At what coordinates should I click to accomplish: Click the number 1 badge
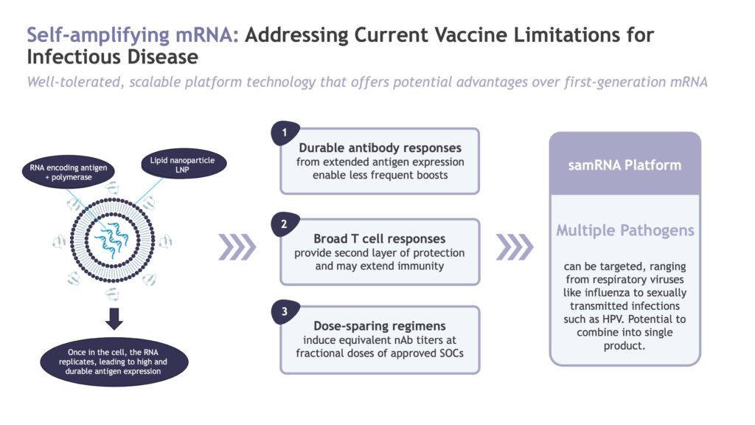pyautogui.click(x=285, y=133)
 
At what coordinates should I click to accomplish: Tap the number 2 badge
pyautogui.click(x=285, y=224)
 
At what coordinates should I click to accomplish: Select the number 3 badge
pyautogui.click(x=285, y=311)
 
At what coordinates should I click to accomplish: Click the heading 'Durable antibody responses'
pyautogui.click(x=380, y=148)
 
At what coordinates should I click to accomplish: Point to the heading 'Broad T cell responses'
pyautogui.click(x=380, y=238)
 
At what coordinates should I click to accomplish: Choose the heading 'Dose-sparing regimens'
pyautogui.click(x=380, y=325)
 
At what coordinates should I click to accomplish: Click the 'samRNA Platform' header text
pyautogui.click(x=624, y=165)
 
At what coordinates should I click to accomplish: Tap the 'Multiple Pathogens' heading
pyautogui.click(x=625, y=230)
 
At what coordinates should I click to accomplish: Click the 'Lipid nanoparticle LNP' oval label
pyautogui.click(x=184, y=164)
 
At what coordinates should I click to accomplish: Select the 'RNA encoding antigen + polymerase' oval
pyautogui.click(x=69, y=172)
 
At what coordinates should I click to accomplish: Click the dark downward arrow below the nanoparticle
pyautogui.click(x=114, y=319)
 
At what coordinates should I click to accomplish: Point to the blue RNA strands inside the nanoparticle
pyautogui.click(x=112, y=239)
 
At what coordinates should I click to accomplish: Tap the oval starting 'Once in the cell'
pyautogui.click(x=114, y=362)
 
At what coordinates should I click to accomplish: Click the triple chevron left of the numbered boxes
pyautogui.click(x=237, y=247)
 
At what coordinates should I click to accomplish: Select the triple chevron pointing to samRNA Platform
pyautogui.click(x=515, y=247)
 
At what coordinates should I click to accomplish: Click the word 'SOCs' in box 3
pyautogui.click(x=451, y=353)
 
